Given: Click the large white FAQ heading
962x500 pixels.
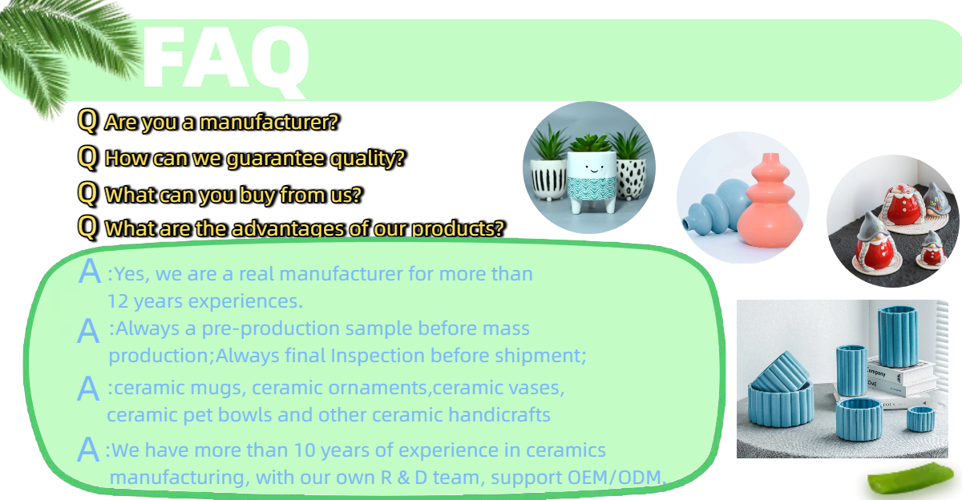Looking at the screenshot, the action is (x=226, y=59).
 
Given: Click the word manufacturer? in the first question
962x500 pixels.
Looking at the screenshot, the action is (x=269, y=123).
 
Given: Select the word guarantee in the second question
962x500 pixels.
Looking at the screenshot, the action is (x=276, y=159).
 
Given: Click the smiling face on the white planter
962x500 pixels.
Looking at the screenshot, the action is (x=593, y=167).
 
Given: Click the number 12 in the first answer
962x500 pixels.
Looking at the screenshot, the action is (x=118, y=301).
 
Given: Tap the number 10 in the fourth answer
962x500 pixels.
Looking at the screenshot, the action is (x=305, y=450).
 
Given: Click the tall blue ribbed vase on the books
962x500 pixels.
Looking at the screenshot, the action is (x=898, y=336).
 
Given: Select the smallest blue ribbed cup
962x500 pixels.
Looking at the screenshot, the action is (x=920, y=419).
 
